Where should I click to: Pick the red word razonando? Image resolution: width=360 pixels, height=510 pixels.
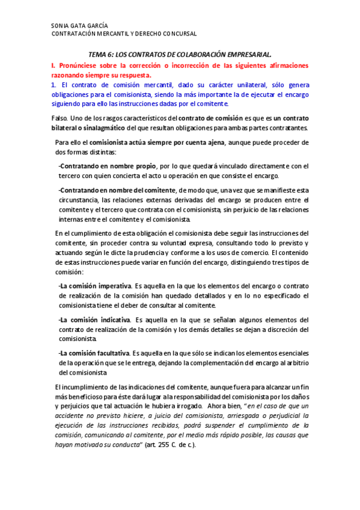point(68,76)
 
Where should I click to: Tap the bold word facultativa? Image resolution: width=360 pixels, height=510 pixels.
point(108,352)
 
